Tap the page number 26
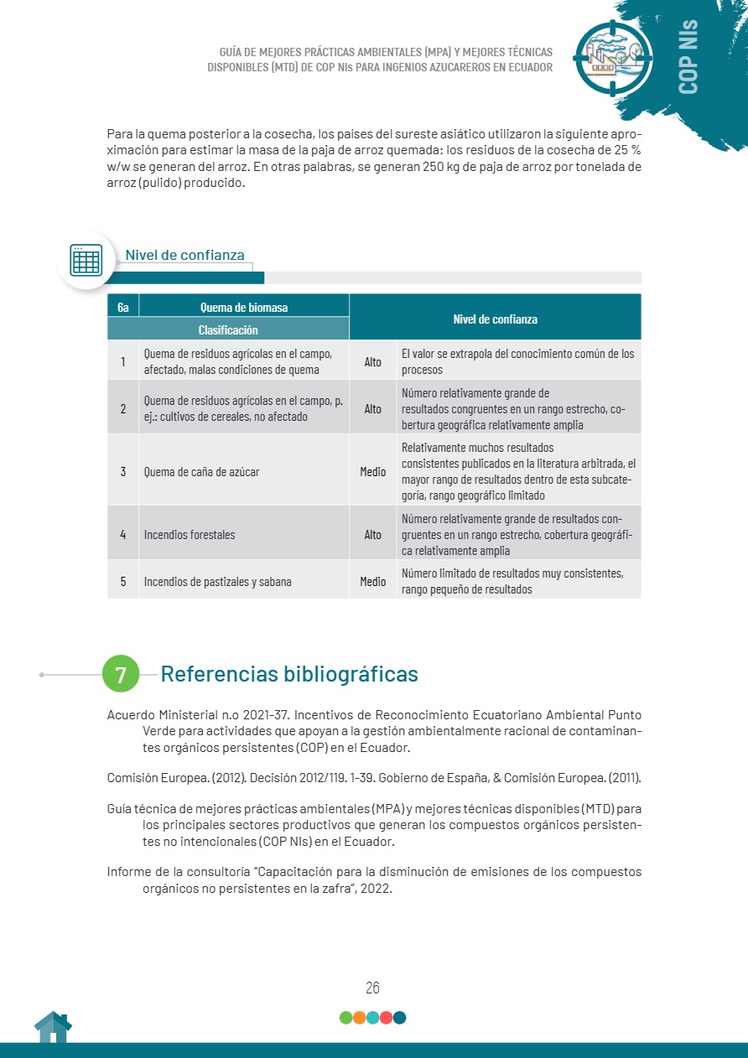click(x=372, y=988)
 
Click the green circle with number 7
click(x=121, y=674)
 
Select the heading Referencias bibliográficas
click(x=288, y=674)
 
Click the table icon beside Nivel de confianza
click(x=86, y=260)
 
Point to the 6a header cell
click(x=123, y=307)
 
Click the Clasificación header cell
click(x=228, y=329)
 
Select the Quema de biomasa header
click(x=244, y=307)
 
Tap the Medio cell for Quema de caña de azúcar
click(x=373, y=471)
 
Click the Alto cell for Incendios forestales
click(x=373, y=534)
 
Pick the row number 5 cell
click(x=123, y=581)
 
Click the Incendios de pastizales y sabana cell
click(x=218, y=581)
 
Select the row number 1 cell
click(x=123, y=362)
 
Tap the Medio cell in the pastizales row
click(x=373, y=581)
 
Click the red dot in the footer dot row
click(x=386, y=1018)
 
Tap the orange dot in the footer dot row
click(x=359, y=1018)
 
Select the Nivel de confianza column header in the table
click(x=495, y=319)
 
